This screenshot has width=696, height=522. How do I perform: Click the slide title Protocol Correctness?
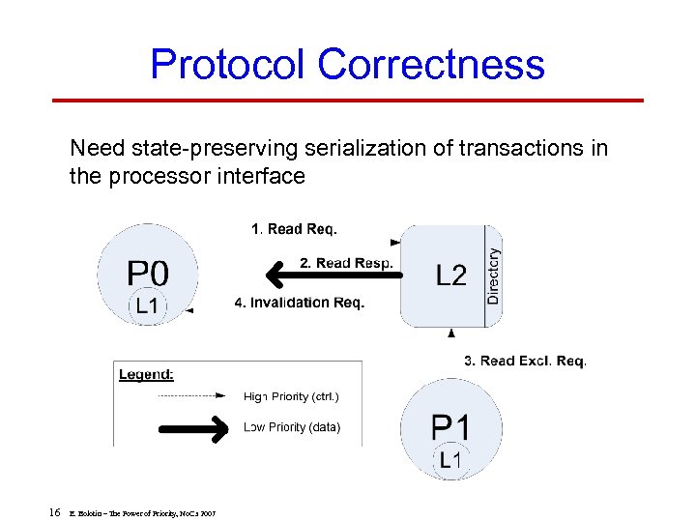(x=347, y=65)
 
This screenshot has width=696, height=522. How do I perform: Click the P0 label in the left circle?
(x=148, y=272)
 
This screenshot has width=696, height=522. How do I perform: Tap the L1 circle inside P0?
(x=148, y=306)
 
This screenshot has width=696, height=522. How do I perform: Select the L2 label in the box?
(x=450, y=276)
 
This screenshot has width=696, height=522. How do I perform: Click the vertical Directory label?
(x=493, y=276)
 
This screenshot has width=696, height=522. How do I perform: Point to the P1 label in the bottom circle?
(x=450, y=426)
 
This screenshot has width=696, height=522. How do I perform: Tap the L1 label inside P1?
(x=450, y=460)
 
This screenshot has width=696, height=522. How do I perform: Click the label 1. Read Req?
(x=294, y=229)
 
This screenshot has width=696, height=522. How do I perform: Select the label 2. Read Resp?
(x=346, y=263)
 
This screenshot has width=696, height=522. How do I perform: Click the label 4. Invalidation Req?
(x=300, y=304)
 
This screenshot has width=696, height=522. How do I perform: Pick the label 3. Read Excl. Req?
(x=525, y=361)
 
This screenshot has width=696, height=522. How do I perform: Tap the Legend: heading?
(x=146, y=374)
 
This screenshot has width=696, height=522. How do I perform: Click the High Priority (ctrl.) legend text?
(x=291, y=396)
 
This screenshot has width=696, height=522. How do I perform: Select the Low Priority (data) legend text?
(x=291, y=426)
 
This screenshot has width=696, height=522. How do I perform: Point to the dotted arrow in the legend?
(x=193, y=396)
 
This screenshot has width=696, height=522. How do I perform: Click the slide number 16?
(x=55, y=510)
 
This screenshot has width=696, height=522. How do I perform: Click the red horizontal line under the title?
(x=347, y=100)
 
